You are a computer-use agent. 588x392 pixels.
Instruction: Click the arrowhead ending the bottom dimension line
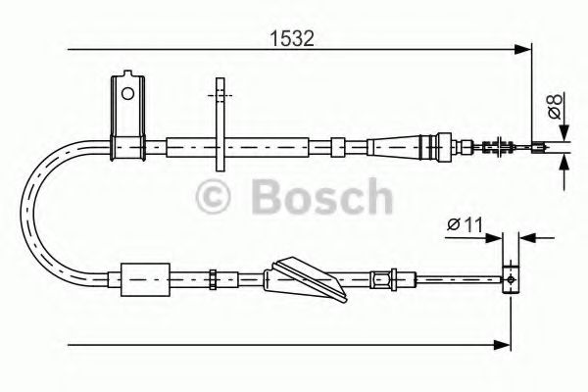pyautogui.click(x=505, y=344)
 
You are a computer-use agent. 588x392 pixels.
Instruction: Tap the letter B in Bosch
pyautogui.click(x=267, y=199)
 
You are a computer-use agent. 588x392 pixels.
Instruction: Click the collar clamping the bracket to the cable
pyautogui.click(x=126, y=148)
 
